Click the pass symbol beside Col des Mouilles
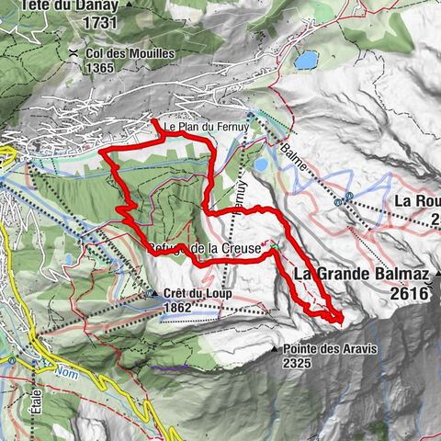point(72,54)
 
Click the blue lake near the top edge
point(306,60)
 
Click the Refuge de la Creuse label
point(207,248)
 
